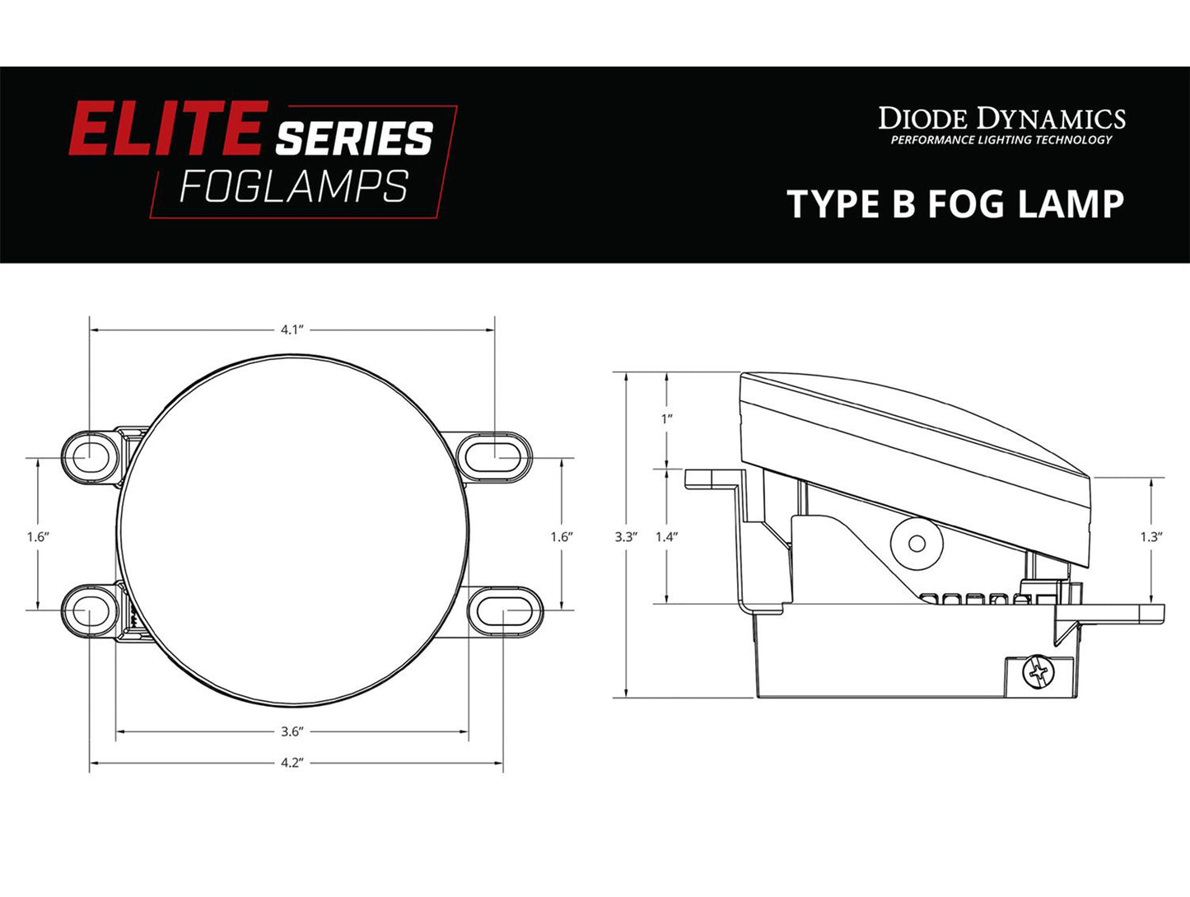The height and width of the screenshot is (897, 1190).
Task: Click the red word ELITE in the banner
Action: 168,129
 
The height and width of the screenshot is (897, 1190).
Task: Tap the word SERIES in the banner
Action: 354,138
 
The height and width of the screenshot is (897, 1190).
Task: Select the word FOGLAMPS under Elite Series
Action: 293,187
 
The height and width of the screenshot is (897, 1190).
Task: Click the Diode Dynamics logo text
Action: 1001,119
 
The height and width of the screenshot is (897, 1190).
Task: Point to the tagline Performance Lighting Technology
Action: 1001,140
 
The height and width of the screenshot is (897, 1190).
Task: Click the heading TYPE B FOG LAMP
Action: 955,203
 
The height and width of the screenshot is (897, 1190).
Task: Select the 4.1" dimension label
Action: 292,329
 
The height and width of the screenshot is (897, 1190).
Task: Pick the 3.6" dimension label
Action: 292,731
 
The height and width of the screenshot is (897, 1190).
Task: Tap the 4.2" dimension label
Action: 292,763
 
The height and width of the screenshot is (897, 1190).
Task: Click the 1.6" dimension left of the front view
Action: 38,536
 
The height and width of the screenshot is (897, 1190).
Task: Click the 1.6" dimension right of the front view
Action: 562,536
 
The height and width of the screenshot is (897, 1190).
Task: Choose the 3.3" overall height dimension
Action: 626,536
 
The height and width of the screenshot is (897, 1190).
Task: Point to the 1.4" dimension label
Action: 666,536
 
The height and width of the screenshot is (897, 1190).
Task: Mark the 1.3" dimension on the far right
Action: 1150,536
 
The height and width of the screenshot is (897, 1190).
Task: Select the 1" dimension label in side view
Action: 667,418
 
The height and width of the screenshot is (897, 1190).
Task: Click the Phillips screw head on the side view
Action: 1038,673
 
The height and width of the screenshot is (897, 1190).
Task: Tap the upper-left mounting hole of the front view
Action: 86,454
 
